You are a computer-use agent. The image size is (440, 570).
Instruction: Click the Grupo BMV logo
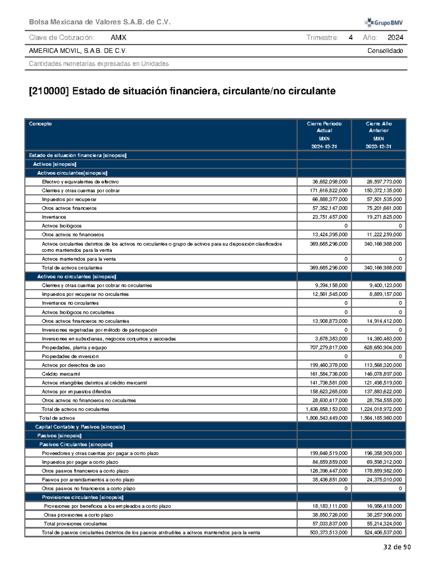point(384,23)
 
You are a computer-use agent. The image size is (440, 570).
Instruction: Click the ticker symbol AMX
point(118,37)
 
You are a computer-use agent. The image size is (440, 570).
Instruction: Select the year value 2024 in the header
point(395,37)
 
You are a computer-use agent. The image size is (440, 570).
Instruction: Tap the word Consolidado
point(385,51)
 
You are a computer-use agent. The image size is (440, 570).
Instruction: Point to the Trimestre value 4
point(351,37)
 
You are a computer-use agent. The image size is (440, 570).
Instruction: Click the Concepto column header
point(40,124)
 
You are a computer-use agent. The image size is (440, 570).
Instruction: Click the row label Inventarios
point(54,217)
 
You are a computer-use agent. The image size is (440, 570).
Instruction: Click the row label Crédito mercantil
point(61,374)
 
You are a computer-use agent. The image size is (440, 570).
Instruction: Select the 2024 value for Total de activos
point(327,418)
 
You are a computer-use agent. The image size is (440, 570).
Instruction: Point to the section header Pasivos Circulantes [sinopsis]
point(76,444)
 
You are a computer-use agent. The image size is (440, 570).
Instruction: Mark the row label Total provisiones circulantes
point(75,524)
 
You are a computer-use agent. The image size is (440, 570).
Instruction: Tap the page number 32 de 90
point(397,547)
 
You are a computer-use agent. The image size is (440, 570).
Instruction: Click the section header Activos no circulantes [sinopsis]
point(77,277)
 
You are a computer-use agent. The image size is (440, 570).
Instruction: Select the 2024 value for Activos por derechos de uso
point(329,365)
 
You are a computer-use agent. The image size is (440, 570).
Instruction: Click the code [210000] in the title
point(49,91)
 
